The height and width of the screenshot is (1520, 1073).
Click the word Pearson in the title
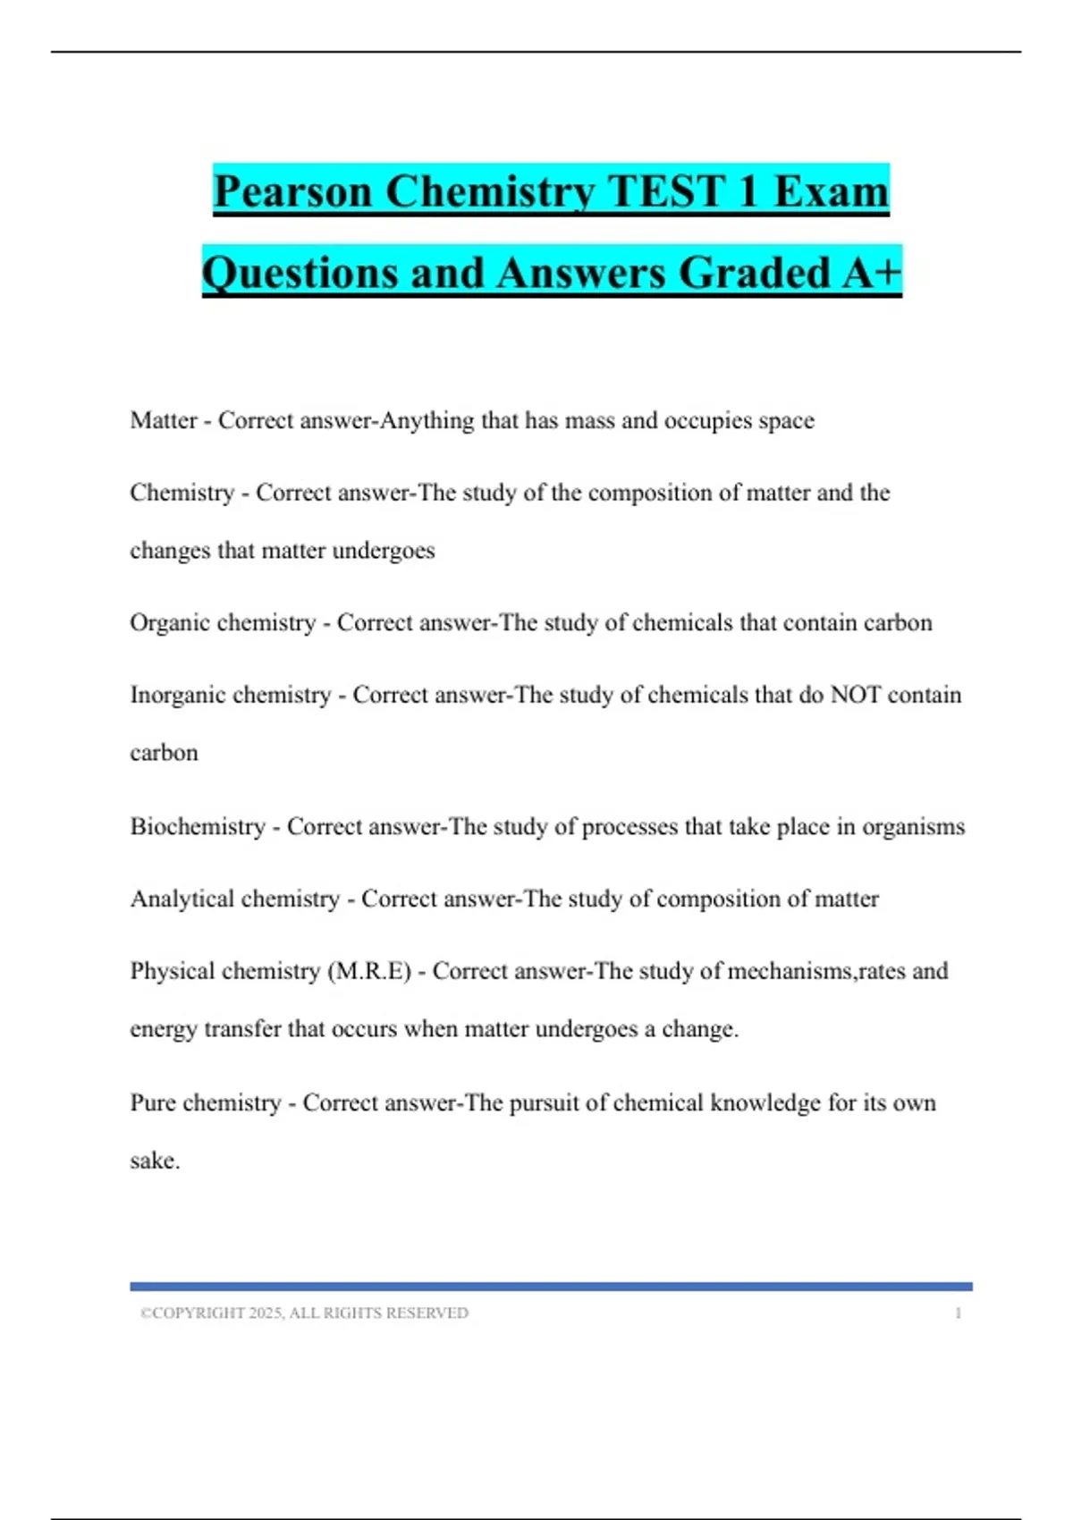(292, 191)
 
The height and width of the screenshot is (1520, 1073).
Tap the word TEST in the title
(665, 191)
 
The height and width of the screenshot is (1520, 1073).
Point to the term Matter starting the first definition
(164, 420)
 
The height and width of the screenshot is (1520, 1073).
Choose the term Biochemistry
(198, 826)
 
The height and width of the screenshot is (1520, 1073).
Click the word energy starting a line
(163, 1029)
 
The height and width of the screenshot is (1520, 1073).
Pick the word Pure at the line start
(153, 1102)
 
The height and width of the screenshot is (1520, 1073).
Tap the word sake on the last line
(153, 1161)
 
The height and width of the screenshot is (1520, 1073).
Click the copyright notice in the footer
(304, 1313)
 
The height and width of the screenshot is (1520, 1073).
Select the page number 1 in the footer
(958, 1313)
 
